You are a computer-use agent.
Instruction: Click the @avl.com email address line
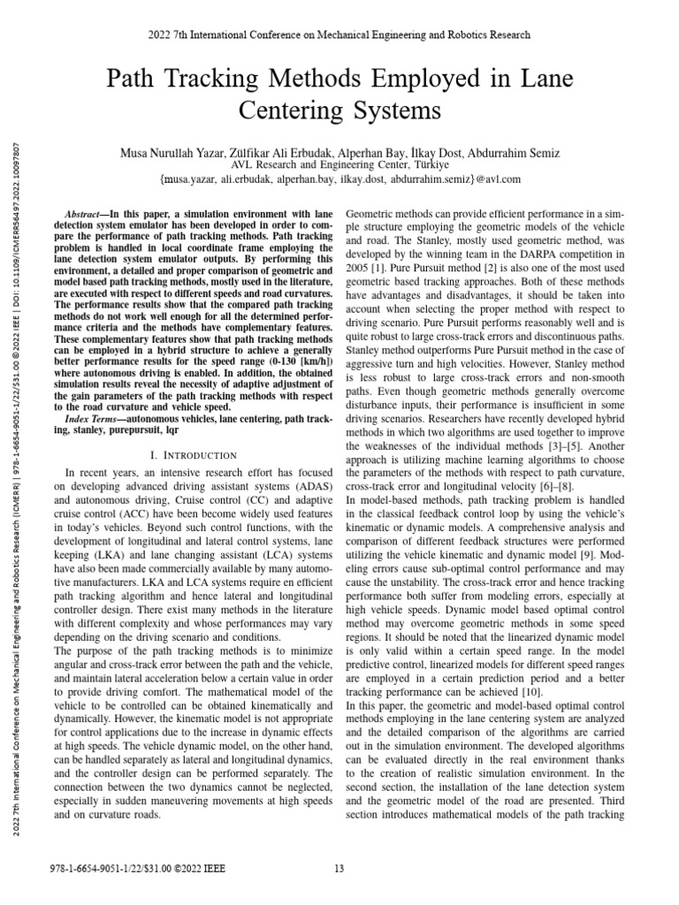(x=339, y=179)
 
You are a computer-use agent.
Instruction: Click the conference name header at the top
(x=339, y=35)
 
